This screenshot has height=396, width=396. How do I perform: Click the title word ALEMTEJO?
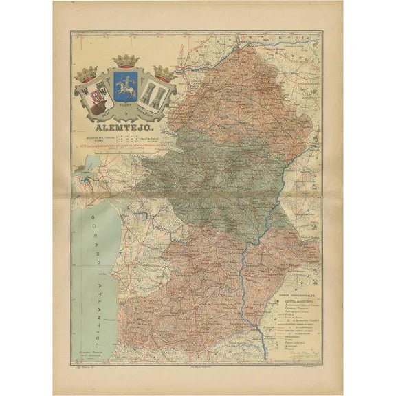(124, 127)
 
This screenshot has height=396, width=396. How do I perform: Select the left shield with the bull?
(90, 98)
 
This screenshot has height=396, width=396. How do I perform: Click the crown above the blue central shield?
(126, 61)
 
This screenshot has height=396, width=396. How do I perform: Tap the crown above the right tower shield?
(164, 73)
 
